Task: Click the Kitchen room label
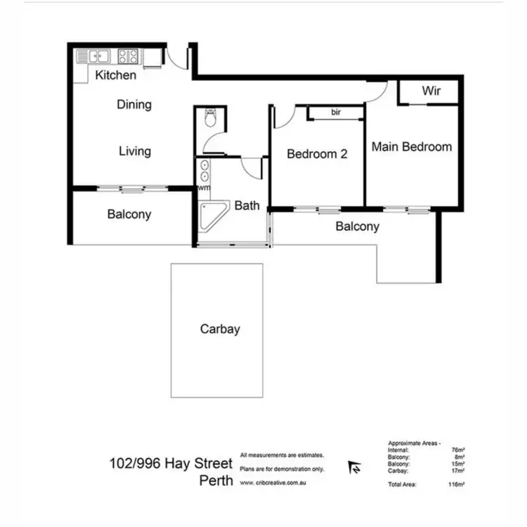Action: (x=116, y=75)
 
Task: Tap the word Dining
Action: (x=134, y=105)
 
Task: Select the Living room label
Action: (x=134, y=151)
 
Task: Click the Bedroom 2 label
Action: (x=317, y=154)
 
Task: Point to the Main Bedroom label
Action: (x=411, y=147)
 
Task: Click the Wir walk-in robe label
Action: (x=431, y=91)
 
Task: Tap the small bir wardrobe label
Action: (x=336, y=112)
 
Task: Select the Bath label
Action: (x=247, y=206)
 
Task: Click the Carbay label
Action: (x=219, y=329)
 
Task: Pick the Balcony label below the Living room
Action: (x=129, y=214)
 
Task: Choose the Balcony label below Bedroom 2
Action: (x=357, y=226)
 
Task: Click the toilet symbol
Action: (x=210, y=119)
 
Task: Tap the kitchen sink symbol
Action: (x=95, y=56)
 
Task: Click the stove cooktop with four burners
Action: (x=127, y=56)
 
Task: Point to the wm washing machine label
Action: (x=204, y=188)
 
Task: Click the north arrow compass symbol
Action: (x=356, y=467)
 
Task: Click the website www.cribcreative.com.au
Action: (x=274, y=483)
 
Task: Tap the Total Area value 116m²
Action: (x=460, y=485)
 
